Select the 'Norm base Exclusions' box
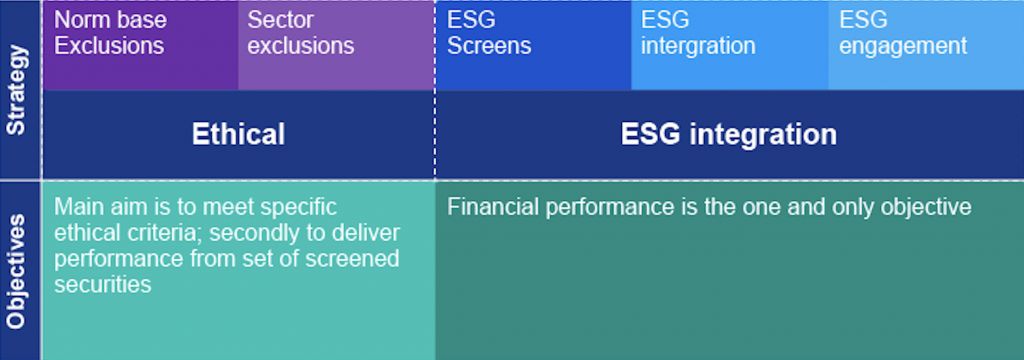(x=140, y=45)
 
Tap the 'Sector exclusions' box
(x=336, y=45)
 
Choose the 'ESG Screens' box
(x=534, y=45)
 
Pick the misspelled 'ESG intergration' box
(x=730, y=45)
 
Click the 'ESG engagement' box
(x=926, y=45)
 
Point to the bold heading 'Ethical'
(x=238, y=134)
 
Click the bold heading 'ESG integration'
(x=728, y=135)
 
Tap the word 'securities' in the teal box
(x=103, y=284)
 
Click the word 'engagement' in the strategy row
(x=903, y=46)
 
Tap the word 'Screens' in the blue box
(x=489, y=46)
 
